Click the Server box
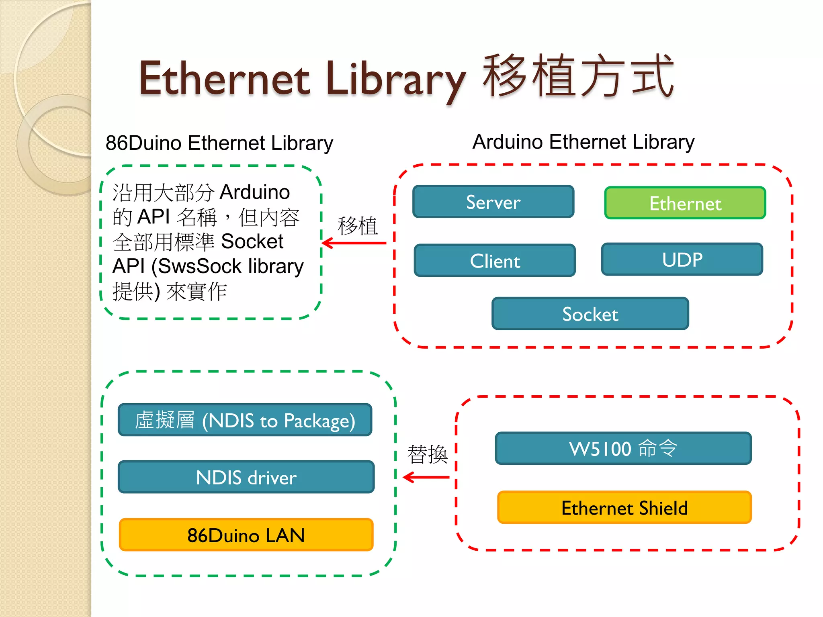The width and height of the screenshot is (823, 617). coord(493,202)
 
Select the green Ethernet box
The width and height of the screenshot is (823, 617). coord(685,203)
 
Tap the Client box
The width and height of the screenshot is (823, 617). coord(495,261)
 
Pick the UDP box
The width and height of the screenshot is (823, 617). coord(682,259)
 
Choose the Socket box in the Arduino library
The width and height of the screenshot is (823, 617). coord(590,314)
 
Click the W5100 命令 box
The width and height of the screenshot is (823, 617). coord(623,448)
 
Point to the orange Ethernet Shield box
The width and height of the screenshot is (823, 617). coord(624,508)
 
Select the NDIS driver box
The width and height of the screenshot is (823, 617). coord(246,477)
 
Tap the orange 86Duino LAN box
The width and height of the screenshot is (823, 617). coord(246,535)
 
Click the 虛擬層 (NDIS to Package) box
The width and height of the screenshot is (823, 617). coord(245,420)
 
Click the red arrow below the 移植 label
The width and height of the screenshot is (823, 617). coord(354,243)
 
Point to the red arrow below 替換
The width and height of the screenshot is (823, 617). coord(426,477)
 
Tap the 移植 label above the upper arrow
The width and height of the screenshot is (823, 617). coord(358,226)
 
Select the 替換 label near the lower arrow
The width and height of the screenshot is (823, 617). coord(427,454)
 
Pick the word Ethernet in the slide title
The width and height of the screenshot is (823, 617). coord(224,78)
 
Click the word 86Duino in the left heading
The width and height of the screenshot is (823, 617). coord(143,143)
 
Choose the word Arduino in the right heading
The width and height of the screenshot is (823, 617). coord(508,142)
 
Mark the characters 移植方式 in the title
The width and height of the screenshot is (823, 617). coord(578,76)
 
